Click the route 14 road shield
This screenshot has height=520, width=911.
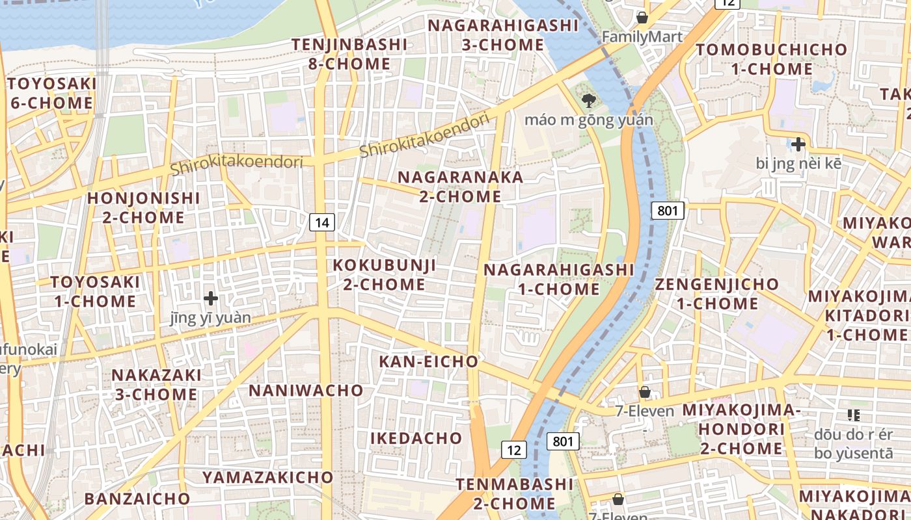(321, 223)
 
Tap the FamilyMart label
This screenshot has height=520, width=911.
(642, 37)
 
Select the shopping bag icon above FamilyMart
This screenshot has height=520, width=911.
(642, 17)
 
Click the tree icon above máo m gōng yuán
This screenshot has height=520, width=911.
(589, 100)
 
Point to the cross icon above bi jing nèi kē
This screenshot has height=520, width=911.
(798, 144)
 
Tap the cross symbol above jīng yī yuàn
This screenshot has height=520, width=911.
(210, 298)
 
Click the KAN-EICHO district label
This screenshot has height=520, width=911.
(428, 361)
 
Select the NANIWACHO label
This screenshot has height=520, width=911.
(306, 390)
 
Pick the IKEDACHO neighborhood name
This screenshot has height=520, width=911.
(416, 438)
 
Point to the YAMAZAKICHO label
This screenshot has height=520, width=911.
(267, 477)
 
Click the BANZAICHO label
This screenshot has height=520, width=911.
(137, 499)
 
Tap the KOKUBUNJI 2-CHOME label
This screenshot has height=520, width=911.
(384, 275)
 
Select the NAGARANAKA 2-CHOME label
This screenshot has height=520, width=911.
(460, 187)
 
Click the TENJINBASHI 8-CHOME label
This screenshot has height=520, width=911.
(349, 54)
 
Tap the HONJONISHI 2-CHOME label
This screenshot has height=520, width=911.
(144, 207)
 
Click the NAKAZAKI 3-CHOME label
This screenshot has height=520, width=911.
(156, 385)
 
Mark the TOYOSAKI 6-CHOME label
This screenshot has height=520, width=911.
(51, 93)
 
